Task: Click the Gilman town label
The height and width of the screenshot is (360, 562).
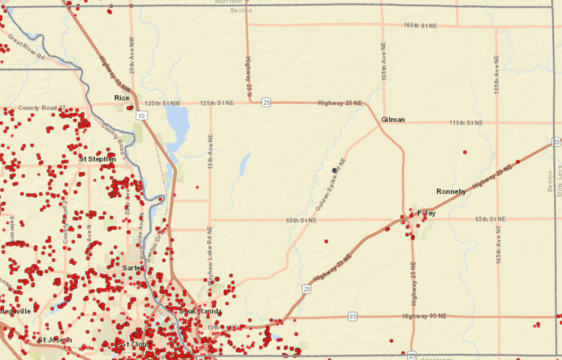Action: (x=392, y=120)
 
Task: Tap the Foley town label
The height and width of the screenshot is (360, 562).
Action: (x=426, y=213)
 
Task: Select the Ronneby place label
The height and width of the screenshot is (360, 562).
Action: (x=451, y=192)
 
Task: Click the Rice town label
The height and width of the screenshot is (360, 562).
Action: (x=121, y=98)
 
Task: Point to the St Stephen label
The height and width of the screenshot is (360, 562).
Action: (x=97, y=159)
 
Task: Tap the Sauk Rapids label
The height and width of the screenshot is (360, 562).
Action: (x=200, y=311)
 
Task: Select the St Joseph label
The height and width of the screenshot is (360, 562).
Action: (x=54, y=340)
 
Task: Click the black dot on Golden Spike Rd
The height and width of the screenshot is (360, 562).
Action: (x=334, y=171)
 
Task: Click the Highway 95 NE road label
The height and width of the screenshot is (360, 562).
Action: (x=424, y=316)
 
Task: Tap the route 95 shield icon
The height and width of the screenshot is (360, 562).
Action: (x=353, y=317)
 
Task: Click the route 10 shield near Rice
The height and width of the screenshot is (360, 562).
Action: (x=142, y=115)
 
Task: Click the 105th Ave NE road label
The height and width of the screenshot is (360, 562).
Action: (x=384, y=62)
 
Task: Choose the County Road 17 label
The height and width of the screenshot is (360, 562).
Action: (x=42, y=108)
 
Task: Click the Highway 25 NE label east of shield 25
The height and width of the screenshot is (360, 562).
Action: (x=340, y=103)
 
